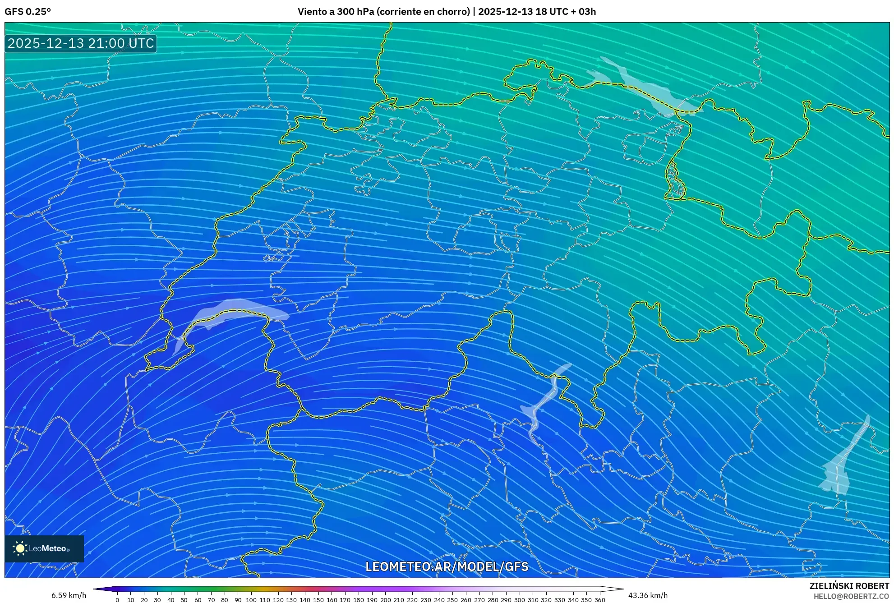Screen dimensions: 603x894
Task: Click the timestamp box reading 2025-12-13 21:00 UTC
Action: click(81, 43)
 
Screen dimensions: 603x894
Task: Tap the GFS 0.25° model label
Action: click(28, 12)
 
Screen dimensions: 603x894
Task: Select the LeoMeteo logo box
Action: click(44, 548)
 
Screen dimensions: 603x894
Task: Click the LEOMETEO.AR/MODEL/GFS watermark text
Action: click(447, 566)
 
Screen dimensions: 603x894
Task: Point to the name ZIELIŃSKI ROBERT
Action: click(849, 586)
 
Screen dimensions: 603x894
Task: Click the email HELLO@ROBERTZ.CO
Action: click(851, 596)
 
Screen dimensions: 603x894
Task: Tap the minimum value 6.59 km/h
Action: click(69, 595)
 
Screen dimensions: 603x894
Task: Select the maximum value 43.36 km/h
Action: click(648, 595)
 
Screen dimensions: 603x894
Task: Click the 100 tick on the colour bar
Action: click(251, 600)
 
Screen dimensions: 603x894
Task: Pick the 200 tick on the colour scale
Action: click(385, 600)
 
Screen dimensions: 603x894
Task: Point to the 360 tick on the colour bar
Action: click(599, 600)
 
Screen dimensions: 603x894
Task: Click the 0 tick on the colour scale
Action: click(117, 600)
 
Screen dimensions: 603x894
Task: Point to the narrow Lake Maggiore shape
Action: click(544, 401)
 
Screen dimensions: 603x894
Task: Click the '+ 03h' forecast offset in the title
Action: click(585, 12)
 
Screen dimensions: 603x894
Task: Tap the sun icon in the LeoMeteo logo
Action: click(20, 548)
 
